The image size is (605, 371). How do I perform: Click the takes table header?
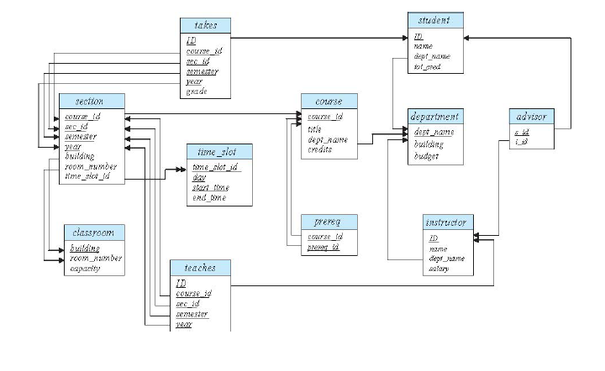click(x=204, y=25)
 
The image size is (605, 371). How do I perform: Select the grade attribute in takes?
click(x=196, y=91)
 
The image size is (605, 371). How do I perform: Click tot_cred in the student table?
click(x=428, y=66)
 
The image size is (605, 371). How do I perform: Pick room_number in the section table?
click(x=91, y=166)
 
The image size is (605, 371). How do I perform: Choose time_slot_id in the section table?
click(x=87, y=176)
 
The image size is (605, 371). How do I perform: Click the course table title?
click(x=329, y=101)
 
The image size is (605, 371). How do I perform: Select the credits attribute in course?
click(x=319, y=149)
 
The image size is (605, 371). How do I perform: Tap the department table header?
click(x=435, y=116)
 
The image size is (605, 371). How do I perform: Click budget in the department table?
click(x=428, y=156)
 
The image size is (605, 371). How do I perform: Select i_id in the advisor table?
click(x=521, y=141)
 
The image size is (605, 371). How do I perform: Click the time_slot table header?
click(x=218, y=152)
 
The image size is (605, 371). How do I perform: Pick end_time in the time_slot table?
click(x=209, y=197)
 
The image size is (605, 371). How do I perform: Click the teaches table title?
click(x=200, y=268)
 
